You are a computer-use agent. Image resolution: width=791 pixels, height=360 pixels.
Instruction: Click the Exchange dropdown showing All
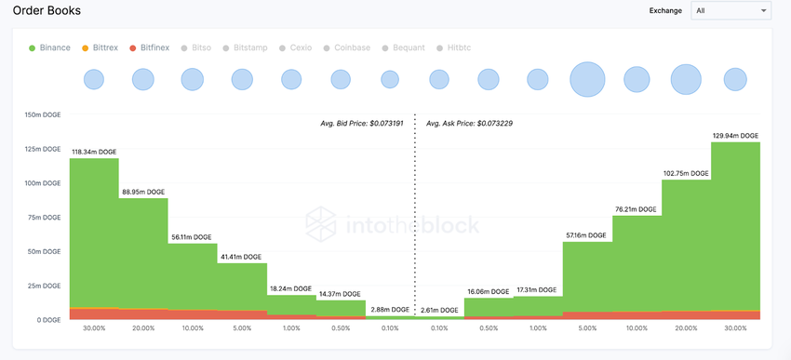[x=730, y=10]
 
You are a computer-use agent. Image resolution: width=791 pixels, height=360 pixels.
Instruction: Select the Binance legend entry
[x=48, y=47]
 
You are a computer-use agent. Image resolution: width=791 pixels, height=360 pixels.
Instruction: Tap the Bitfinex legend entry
[x=155, y=47]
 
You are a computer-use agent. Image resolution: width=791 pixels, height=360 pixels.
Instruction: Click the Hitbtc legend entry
[x=458, y=47]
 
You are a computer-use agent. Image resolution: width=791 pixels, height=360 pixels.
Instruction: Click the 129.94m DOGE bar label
[x=736, y=135]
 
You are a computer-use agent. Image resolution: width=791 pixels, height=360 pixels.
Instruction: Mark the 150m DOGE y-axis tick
[x=42, y=115]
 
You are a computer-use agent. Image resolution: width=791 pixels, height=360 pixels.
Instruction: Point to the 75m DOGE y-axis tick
[x=44, y=218]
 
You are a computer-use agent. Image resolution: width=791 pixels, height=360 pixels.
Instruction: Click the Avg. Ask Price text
[x=469, y=123]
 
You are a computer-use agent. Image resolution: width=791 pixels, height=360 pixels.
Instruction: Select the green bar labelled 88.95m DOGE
[x=143, y=251]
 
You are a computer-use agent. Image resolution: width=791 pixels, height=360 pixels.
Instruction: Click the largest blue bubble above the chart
[x=587, y=79]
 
